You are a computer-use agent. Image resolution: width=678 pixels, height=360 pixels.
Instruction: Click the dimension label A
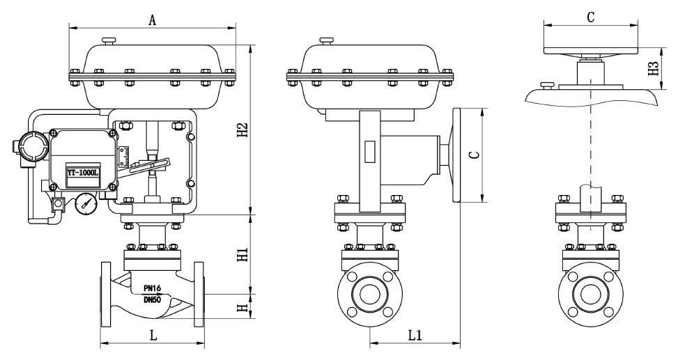pyautogui.click(x=153, y=19)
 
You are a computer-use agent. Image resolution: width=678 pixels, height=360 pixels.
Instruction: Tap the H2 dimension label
pyautogui.click(x=242, y=130)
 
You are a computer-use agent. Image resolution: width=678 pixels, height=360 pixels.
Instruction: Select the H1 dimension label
pyautogui.click(x=242, y=254)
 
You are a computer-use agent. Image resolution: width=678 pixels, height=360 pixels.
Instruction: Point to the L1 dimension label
pyautogui.click(x=415, y=335)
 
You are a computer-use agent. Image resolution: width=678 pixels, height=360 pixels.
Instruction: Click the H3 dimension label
pyautogui.click(x=653, y=69)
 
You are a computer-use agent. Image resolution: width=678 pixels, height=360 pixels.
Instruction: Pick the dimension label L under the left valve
pyautogui.click(x=153, y=335)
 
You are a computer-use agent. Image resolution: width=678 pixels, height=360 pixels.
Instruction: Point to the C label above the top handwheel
pyautogui.click(x=590, y=17)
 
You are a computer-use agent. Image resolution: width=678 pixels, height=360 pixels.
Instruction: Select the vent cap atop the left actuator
pyautogui.click(x=109, y=42)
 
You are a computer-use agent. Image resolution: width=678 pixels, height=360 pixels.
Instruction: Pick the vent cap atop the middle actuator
pyautogui.click(x=326, y=42)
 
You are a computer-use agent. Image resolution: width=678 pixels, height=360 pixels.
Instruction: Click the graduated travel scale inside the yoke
pyautogui.click(x=125, y=157)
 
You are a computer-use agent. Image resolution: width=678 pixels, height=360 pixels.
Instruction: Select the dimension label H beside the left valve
pyautogui.click(x=242, y=306)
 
